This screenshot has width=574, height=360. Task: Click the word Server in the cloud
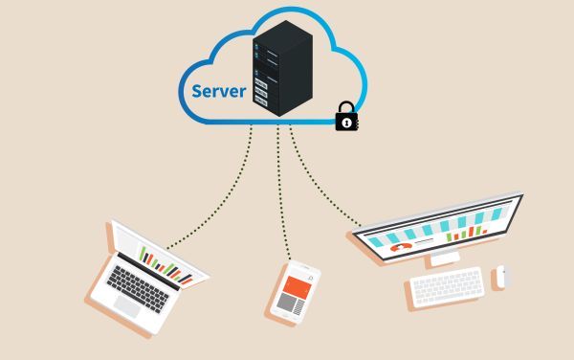(x=219, y=93)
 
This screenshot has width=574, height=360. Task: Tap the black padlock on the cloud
(x=345, y=120)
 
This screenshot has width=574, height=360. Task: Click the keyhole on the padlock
(x=345, y=123)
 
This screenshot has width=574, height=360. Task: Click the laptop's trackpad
(x=126, y=305)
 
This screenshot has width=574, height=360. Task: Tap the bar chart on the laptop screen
(x=168, y=262)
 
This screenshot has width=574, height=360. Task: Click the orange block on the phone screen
(x=297, y=285)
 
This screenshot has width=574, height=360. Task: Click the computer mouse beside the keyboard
(x=503, y=277)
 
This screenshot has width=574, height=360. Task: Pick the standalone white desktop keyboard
(x=448, y=286)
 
